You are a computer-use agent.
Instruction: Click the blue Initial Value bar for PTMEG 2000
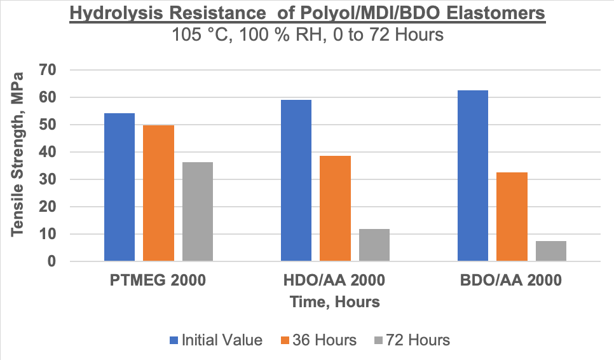(x=119, y=188)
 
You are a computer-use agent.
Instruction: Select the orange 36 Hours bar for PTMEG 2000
(x=158, y=193)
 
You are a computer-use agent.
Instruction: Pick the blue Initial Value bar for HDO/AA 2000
(x=296, y=181)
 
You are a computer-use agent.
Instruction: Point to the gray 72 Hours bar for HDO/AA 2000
(x=374, y=245)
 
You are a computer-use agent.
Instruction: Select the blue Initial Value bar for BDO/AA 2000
(x=473, y=176)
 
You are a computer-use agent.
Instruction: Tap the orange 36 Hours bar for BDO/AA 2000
(x=512, y=217)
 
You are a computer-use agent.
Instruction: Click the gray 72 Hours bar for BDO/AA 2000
(x=551, y=251)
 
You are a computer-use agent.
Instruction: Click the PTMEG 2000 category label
(x=158, y=280)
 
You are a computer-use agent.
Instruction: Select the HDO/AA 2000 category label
(x=335, y=280)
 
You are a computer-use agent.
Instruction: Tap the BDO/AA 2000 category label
(x=512, y=280)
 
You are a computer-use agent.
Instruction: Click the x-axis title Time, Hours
(x=335, y=302)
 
